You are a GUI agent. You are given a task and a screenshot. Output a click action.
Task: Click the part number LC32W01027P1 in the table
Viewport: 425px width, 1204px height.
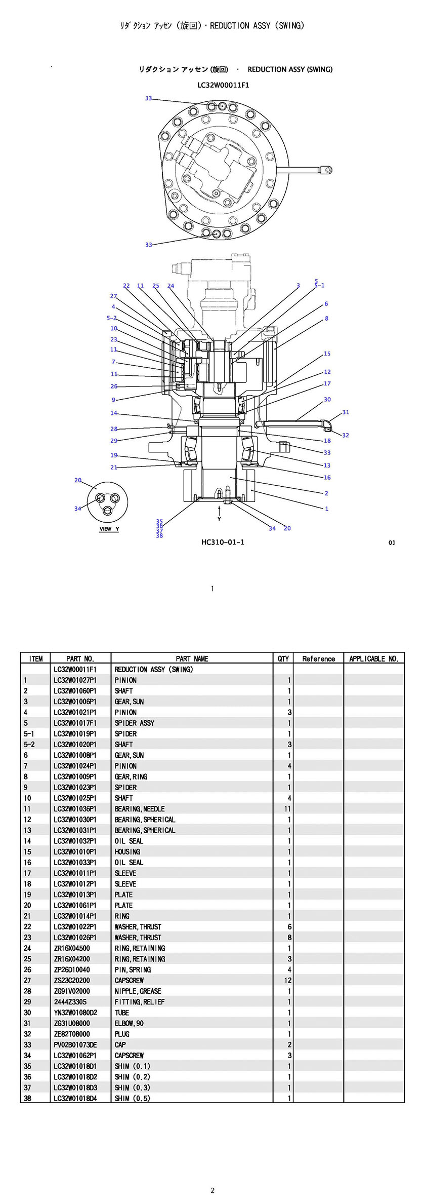click(75, 680)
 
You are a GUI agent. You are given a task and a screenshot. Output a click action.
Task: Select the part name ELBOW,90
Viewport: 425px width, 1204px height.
click(129, 1023)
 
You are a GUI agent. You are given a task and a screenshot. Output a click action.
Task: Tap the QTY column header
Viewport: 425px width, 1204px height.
click(283, 658)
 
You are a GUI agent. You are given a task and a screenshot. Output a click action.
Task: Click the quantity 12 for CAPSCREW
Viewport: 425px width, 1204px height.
click(288, 980)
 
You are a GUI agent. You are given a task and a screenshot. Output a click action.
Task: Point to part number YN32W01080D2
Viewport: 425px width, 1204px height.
click(75, 1013)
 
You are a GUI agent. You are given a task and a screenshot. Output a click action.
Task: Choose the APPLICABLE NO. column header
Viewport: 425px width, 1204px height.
click(374, 658)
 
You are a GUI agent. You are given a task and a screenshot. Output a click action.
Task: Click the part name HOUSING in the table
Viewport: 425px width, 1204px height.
click(127, 851)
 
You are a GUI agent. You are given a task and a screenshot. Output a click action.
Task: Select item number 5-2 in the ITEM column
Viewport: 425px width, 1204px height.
click(29, 745)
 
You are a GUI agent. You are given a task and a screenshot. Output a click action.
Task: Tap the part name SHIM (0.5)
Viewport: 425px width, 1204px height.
click(132, 1098)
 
